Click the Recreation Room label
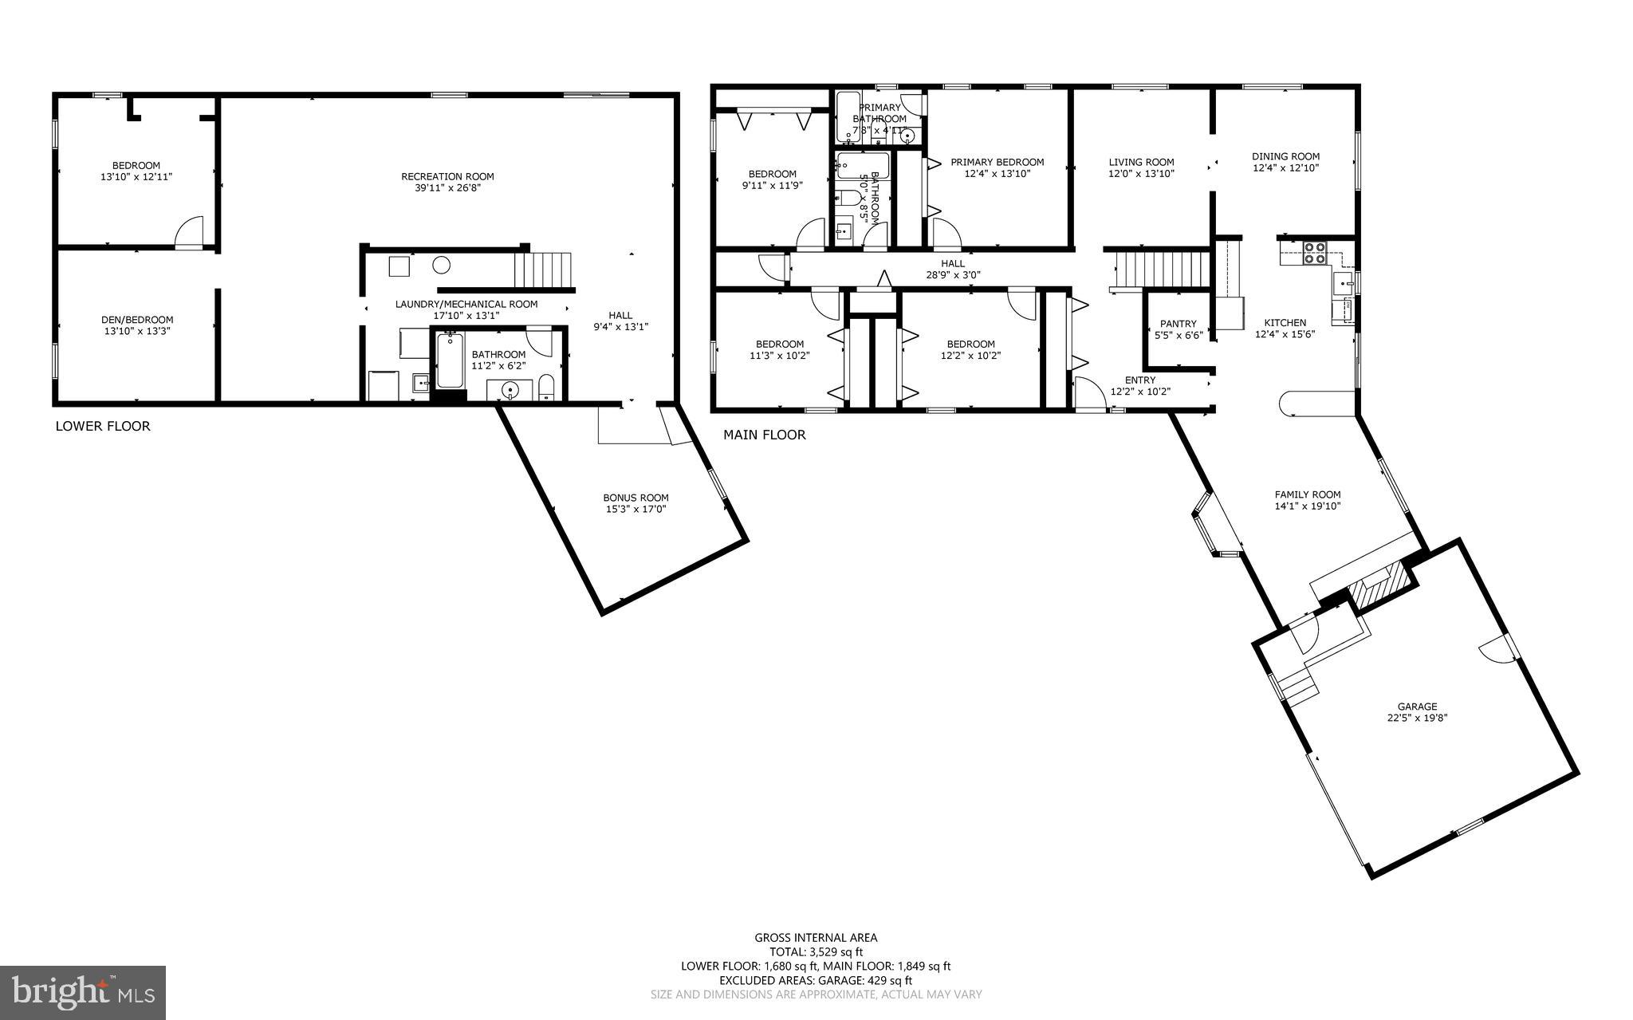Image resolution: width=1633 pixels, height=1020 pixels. coord(447,176)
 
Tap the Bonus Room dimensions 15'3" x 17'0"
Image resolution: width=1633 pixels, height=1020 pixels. coord(635,509)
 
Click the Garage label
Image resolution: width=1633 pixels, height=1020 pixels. coord(1417,706)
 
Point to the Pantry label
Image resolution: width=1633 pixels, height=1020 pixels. coord(1178,324)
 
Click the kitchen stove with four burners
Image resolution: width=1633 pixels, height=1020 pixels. coord(1314,254)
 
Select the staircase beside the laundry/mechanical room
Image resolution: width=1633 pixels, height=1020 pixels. coord(544,270)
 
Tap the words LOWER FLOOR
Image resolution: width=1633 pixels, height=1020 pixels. coord(103,426)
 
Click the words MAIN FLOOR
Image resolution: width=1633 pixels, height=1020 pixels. coord(764,435)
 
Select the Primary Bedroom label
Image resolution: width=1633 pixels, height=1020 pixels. coord(997,162)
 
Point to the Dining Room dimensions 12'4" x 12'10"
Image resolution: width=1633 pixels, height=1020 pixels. coord(1285,168)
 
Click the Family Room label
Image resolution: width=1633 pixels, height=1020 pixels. coord(1308,494)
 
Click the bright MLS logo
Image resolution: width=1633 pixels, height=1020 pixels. coord(83,992)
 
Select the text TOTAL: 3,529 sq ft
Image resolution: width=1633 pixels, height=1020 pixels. coord(816,951)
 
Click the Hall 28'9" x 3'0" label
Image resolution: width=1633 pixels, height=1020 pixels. coord(952,269)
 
